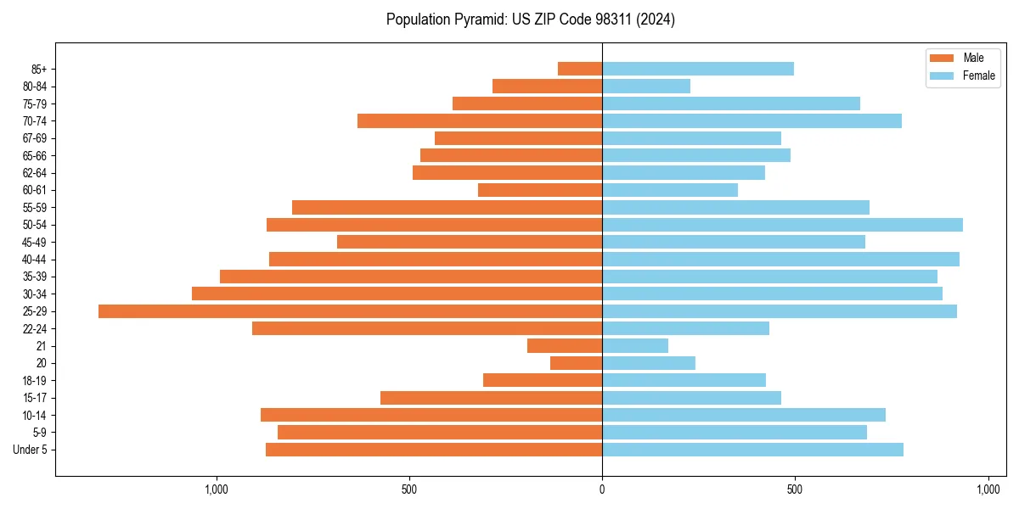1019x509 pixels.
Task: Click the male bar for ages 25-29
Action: click(x=350, y=311)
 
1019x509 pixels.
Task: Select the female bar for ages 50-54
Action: click(x=782, y=225)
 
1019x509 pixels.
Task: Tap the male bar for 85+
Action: click(x=580, y=69)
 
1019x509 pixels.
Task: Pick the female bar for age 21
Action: click(x=635, y=346)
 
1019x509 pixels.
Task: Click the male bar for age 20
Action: click(x=576, y=363)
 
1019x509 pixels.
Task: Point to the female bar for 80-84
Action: click(x=646, y=86)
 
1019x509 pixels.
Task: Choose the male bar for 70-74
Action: click(x=480, y=120)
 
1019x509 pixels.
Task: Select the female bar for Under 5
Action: click(x=752, y=450)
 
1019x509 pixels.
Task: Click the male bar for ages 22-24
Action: click(x=427, y=328)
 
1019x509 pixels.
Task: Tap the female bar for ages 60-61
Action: click(x=670, y=190)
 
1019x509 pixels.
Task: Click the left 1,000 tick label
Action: click(x=217, y=489)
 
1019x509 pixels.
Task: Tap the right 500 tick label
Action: click(x=795, y=489)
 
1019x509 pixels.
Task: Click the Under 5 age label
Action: click(x=30, y=450)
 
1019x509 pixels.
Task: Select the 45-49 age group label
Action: click(x=35, y=242)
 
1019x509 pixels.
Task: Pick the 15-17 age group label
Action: click(x=35, y=398)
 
